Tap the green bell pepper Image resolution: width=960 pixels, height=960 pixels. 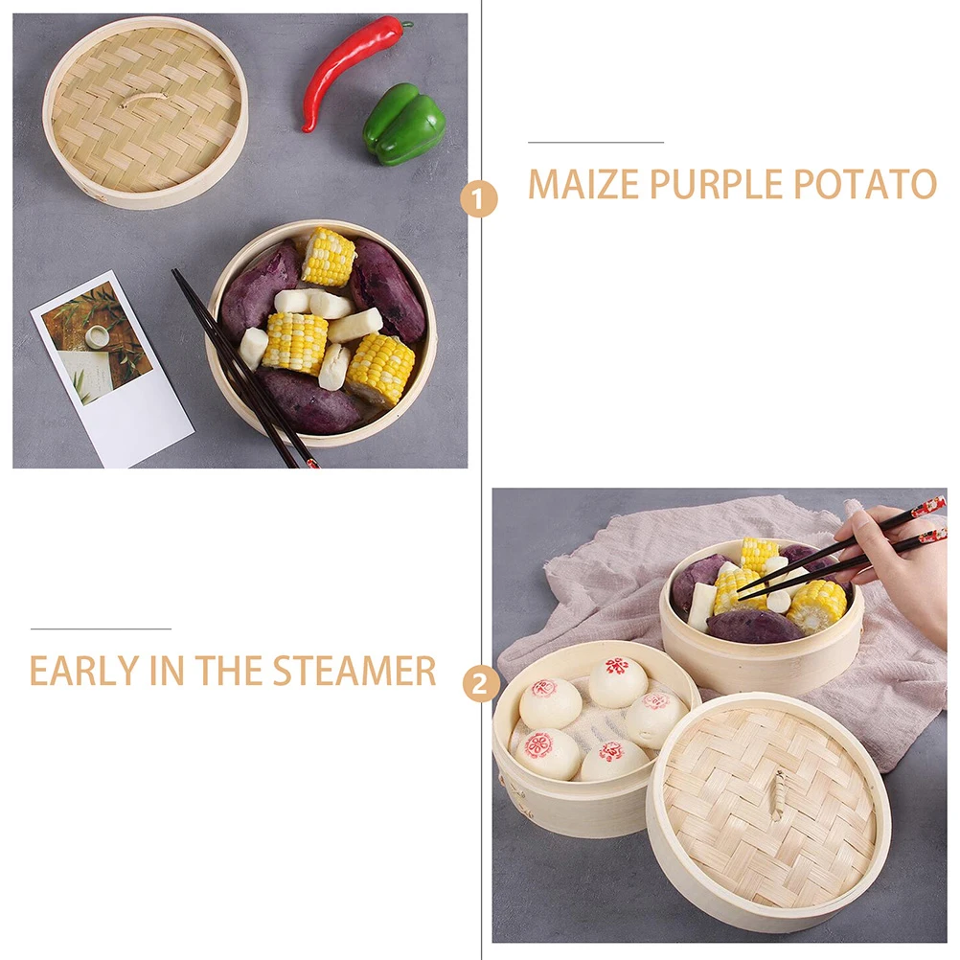pyautogui.click(x=404, y=124)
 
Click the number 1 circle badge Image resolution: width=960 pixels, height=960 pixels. pyautogui.click(x=479, y=200)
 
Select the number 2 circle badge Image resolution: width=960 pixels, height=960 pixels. pyautogui.click(x=480, y=684)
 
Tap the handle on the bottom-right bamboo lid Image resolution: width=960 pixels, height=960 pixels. pyautogui.click(x=777, y=796)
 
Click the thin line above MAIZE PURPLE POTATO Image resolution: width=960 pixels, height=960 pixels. pyautogui.click(x=595, y=142)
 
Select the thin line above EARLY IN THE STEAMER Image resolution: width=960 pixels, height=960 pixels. pyautogui.click(x=101, y=629)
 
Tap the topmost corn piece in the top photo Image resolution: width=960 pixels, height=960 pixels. pyautogui.click(x=328, y=257)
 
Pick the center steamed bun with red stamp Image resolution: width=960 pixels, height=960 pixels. pyautogui.click(x=617, y=681)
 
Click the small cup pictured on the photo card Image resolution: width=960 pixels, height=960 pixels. pyautogui.click(x=97, y=337)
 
